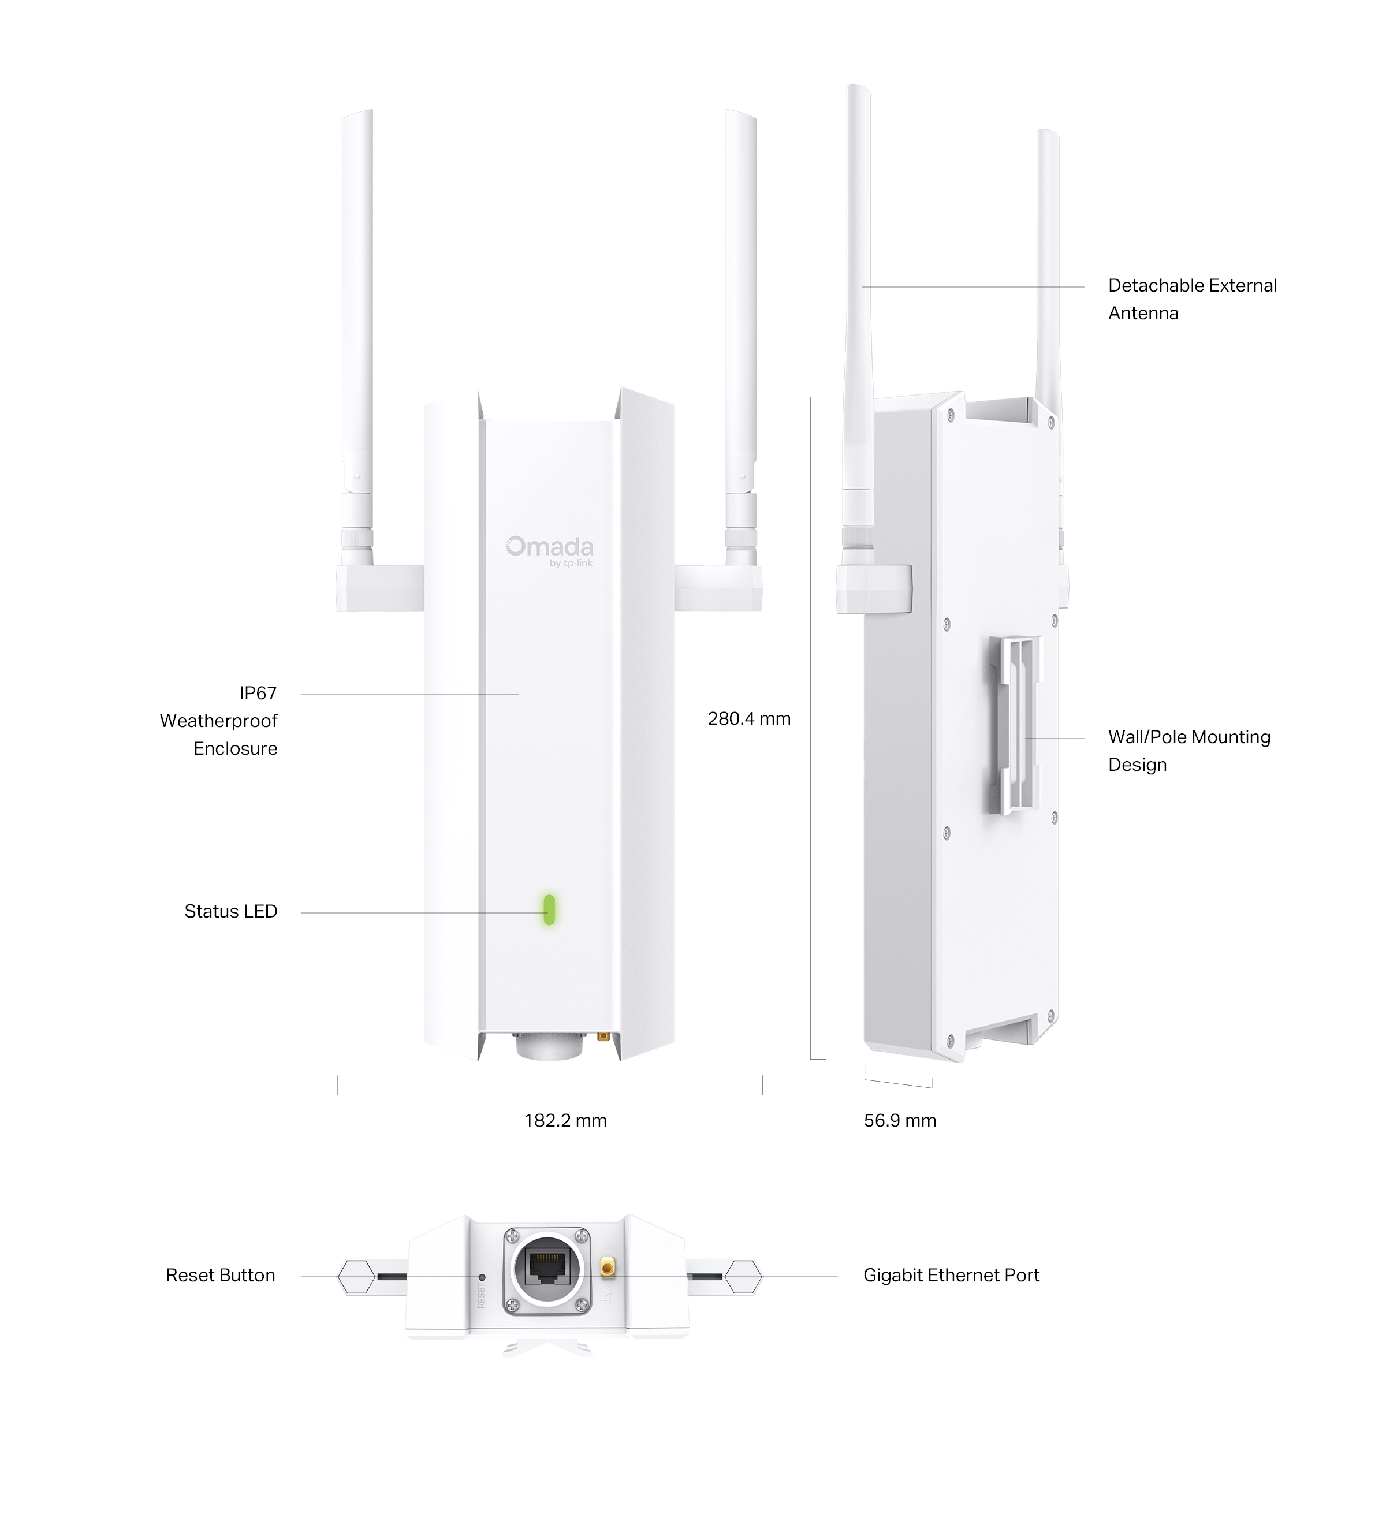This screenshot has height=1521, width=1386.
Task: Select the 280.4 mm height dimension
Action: (x=748, y=718)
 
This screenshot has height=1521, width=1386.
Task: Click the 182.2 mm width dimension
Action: (x=565, y=1120)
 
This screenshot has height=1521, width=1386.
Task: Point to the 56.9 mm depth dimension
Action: (x=899, y=1120)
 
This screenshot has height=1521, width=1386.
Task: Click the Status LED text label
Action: (x=231, y=911)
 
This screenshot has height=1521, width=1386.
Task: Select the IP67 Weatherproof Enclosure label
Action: (x=219, y=721)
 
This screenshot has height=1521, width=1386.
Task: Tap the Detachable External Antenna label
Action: (x=1192, y=299)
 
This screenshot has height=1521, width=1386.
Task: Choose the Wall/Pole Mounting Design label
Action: (x=1189, y=751)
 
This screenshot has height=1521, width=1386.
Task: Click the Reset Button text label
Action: (x=220, y=1275)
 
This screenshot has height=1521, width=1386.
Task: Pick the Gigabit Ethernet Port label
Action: (x=951, y=1275)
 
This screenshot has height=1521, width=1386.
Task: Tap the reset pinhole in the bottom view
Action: (x=482, y=1277)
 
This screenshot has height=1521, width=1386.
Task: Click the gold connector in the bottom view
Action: (x=606, y=1267)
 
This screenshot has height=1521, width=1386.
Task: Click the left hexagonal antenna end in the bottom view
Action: (x=356, y=1277)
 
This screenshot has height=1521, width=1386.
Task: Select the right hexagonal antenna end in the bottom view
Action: (x=743, y=1277)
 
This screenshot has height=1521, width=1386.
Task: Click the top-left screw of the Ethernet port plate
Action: (x=513, y=1235)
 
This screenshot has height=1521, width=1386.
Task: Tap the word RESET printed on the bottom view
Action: (x=482, y=1295)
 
